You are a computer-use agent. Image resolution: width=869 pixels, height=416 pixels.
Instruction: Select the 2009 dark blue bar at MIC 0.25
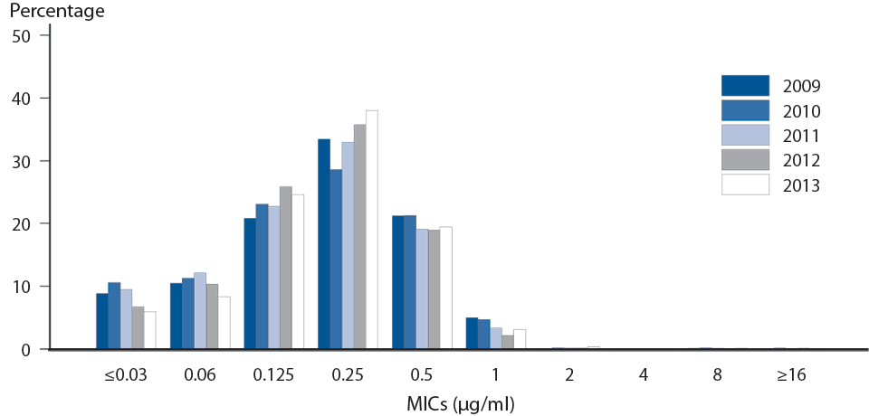(323, 244)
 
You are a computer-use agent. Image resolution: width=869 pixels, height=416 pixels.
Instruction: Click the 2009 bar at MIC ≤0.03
(101, 321)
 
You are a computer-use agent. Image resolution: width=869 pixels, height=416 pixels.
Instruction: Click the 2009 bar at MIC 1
(471, 333)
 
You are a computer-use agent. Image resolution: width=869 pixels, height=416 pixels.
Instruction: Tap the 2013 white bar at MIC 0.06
(224, 323)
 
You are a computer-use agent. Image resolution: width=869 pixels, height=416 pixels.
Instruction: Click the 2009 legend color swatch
(744, 86)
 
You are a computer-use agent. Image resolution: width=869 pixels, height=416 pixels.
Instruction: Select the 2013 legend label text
(803, 185)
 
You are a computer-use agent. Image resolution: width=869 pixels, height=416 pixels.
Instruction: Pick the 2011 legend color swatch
(744, 136)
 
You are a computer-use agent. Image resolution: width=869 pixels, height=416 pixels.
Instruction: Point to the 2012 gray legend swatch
(744, 160)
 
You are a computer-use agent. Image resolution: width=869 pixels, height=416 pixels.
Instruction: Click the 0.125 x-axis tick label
(273, 374)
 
